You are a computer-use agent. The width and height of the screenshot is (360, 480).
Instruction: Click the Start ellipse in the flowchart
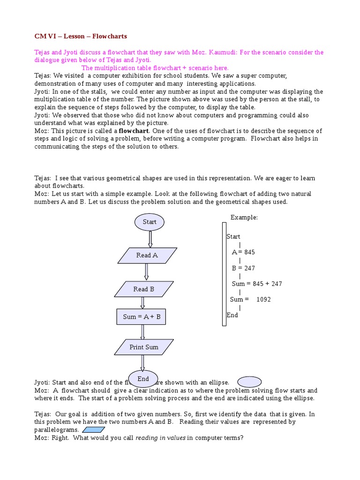coord(149,222)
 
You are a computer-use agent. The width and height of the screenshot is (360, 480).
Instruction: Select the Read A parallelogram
coord(147,255)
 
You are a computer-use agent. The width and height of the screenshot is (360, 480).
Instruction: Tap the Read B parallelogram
coord(143,289)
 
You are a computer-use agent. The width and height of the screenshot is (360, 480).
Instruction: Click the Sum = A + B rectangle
coord(142,317)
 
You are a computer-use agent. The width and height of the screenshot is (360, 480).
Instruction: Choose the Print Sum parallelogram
coord(144,347)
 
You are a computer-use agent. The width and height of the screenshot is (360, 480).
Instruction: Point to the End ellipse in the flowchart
coord(143,378)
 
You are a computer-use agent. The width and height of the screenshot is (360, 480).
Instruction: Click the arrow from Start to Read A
coord(150,239)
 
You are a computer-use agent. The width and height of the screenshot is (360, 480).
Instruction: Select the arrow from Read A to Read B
coord(146,272)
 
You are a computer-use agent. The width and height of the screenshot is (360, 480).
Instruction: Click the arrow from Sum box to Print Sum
coord(142,332)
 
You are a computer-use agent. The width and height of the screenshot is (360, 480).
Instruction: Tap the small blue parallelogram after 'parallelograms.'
coord(93,430)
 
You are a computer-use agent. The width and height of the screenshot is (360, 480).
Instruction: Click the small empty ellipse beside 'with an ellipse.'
coord(249,382)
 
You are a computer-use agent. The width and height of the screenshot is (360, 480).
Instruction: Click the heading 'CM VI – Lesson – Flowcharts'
coord(81,36)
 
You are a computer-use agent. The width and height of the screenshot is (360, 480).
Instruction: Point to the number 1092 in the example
coord(263,299)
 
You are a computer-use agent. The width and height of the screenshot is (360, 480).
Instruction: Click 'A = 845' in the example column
coord(243,252)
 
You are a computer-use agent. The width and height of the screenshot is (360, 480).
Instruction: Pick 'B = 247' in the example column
coord(243,268)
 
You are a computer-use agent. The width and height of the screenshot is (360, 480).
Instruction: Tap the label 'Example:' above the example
coord(244,217)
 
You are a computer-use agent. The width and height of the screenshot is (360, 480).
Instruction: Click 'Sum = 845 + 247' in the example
coord(257,284)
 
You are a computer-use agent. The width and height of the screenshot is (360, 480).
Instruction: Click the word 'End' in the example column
coord(232,315)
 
